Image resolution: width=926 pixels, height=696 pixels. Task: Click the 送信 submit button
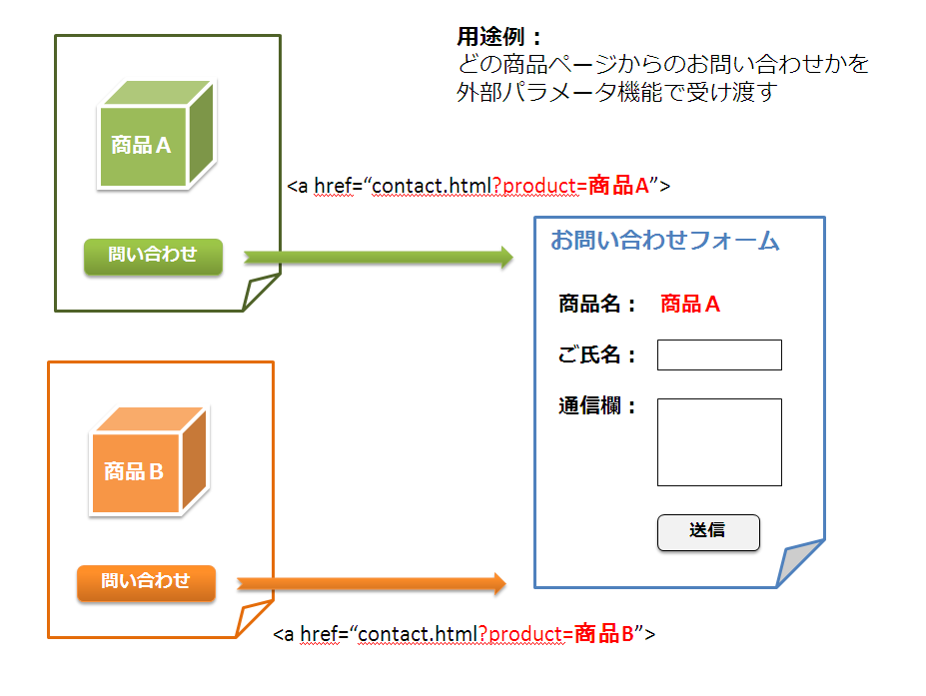click(x=707, y=531)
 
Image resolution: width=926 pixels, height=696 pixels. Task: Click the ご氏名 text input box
click(x=718, y=354)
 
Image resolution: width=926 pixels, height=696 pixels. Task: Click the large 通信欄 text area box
click(x=718, y=441)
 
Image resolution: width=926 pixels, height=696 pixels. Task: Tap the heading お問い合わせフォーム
click(x=664, y=241)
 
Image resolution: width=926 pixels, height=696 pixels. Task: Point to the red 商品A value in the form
click(x=689, y=305)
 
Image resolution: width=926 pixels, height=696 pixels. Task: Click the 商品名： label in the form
click(x=597, y=305)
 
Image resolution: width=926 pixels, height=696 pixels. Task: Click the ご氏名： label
click(x=597, y=354)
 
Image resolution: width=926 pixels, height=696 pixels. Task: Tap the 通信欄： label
click(x=597, y=406)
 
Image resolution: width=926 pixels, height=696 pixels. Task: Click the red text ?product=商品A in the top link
click(x=571, y=186)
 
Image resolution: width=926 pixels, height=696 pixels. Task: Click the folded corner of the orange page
click(x=252, y=621)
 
